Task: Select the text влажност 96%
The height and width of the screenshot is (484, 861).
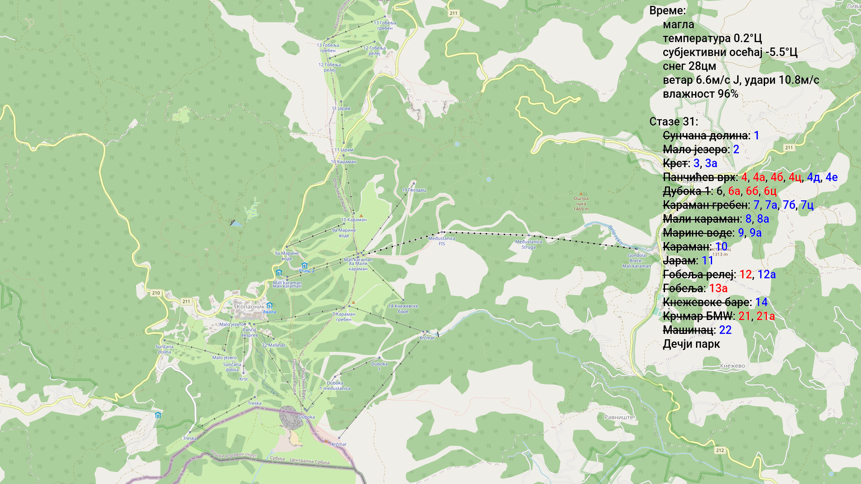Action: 700,94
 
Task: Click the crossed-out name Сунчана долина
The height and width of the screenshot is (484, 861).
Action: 705,136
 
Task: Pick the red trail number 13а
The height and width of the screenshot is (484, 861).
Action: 718,289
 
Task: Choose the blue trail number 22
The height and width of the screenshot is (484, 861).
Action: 725,330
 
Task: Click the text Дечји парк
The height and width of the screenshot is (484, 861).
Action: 691,344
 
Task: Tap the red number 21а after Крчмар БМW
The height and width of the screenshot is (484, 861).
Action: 765,316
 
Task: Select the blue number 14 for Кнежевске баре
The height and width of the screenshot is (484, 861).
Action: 761,302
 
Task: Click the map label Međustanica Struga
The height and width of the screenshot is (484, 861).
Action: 528,245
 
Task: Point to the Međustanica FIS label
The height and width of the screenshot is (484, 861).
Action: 442,241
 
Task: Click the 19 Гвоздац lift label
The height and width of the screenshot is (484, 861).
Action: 413,190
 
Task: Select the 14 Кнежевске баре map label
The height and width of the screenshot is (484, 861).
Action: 403,309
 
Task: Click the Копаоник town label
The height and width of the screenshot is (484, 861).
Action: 250,307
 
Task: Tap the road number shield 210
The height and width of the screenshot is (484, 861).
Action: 156,293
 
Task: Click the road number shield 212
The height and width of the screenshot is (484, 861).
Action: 720,450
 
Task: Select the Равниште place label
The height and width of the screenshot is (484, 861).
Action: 619,417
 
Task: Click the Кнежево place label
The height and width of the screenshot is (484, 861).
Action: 732,366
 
